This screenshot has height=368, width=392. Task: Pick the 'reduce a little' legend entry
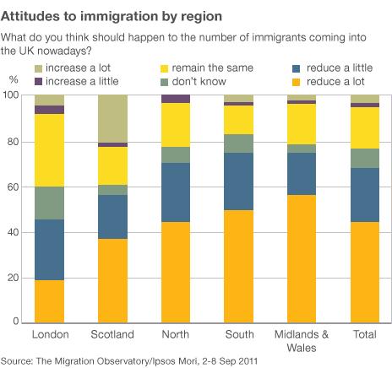point(337,67)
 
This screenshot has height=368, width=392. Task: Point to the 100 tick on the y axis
point(18,95)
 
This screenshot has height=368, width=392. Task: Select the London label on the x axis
point(50,335)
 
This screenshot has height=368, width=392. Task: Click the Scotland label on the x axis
point(112,335)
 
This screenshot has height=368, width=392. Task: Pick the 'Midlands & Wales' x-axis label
point(302,340)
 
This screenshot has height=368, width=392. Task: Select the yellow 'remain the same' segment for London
point(50,150)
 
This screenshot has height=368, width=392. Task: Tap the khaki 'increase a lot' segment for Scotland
point(112,118)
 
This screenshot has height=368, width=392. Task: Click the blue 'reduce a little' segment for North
point(176,192)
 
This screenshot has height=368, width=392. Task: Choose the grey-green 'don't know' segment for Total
point(365,158)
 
